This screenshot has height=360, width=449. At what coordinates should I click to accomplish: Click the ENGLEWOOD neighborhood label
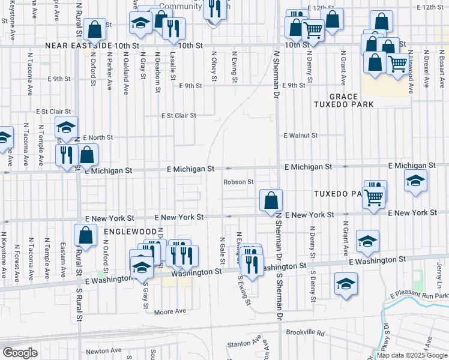tap(130, 230)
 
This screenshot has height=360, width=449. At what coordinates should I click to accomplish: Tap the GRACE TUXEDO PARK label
tap(352, 100)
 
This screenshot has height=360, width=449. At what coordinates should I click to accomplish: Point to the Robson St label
tap(239, 182)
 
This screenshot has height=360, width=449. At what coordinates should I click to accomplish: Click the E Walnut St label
tap(300, 136)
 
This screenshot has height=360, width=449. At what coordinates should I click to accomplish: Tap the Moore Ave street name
tap(170, 311)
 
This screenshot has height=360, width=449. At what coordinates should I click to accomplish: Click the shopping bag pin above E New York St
tap(271, 200)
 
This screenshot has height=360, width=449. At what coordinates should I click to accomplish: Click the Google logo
tap(20, 353)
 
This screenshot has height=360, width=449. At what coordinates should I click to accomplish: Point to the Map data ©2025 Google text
tap(411, 355)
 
